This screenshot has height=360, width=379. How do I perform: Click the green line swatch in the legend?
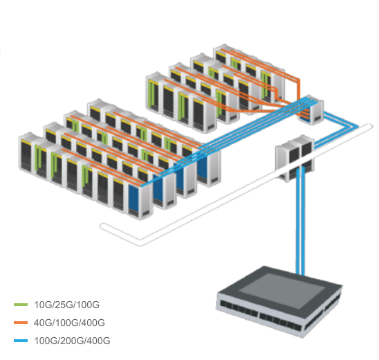coord(21,305)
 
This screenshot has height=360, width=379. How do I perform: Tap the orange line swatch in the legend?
coord(21,323)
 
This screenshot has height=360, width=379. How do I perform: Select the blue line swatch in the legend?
coord(21,341)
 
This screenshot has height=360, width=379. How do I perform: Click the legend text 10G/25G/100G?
coord(66,305)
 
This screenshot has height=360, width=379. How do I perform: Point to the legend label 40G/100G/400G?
coord(69,323)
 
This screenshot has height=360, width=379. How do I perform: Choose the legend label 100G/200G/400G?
coord(72,341)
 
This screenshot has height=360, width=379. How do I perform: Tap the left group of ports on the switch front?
coord(239,309)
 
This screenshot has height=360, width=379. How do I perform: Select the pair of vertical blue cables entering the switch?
coord(300,220)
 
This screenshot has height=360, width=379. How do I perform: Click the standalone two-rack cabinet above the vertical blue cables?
coord(295,157)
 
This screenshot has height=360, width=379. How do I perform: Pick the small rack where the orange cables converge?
coord(311,110)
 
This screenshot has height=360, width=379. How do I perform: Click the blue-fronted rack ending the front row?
coord(140,199)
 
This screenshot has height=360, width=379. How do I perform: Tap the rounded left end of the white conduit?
coord(102,226)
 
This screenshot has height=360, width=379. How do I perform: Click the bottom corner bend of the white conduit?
coord(140,243)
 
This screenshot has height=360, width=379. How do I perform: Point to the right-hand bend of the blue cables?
coord(355,127)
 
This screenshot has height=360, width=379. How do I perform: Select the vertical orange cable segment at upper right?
coord(299,89)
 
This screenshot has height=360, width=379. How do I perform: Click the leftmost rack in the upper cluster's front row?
coord(154,93)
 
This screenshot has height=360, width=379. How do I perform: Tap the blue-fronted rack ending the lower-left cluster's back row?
coord(208,167)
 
